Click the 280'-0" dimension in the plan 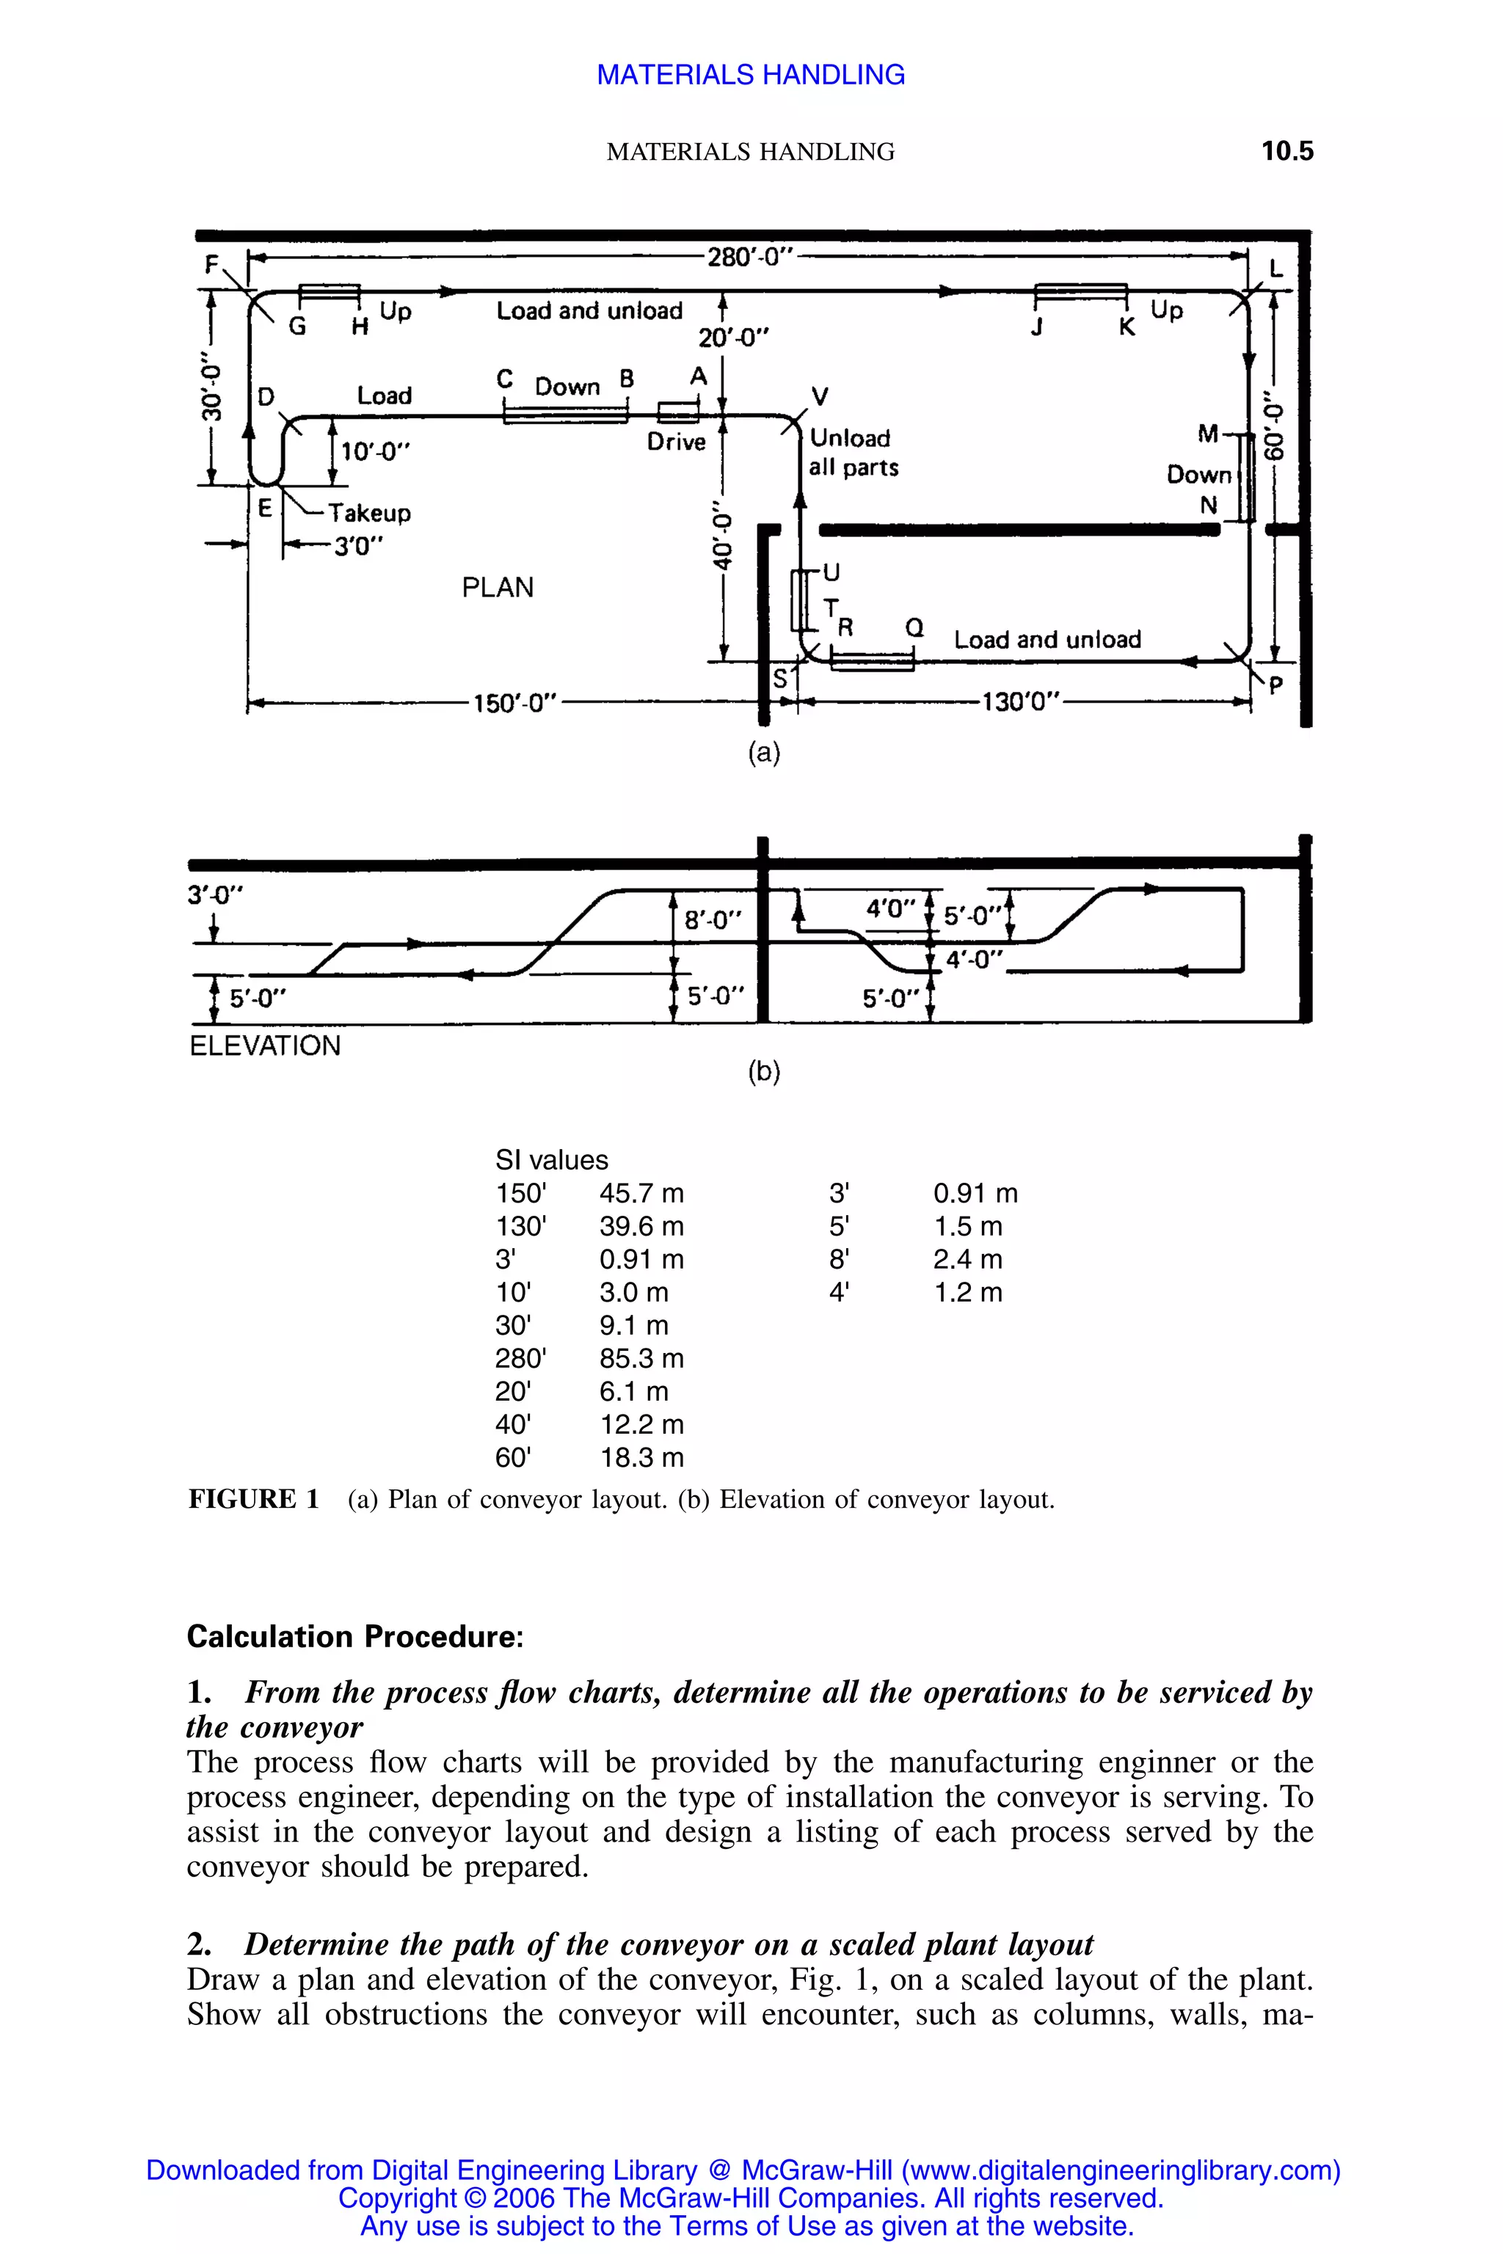click(751, 257)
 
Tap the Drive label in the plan click(676, 442)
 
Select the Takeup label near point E click(370, 513)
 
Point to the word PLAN click(498, 588)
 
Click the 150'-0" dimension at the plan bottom click(516, 704)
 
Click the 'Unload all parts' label click(853, 452)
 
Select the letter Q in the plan click(914, 628)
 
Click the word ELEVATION click(264, 1046)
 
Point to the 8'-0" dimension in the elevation click(713, 920)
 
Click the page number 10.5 click(1287, 151)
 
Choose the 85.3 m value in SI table click(641, 1358)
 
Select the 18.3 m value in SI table click(641, 1458)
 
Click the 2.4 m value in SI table click(967, 1259)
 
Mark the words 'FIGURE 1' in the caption click(254, 1500)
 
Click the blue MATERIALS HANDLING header click(751, 75)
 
